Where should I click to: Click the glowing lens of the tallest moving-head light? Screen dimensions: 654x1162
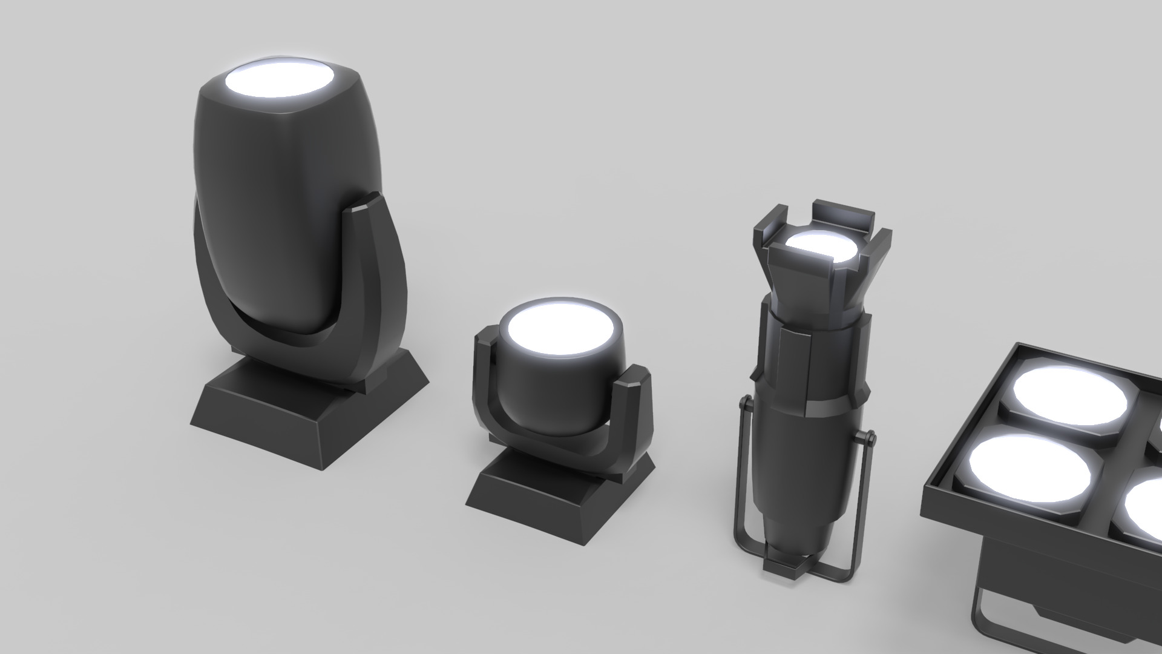click(x=280, y=81)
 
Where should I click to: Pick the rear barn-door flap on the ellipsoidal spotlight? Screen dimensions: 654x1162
click(x=844, y=215)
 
